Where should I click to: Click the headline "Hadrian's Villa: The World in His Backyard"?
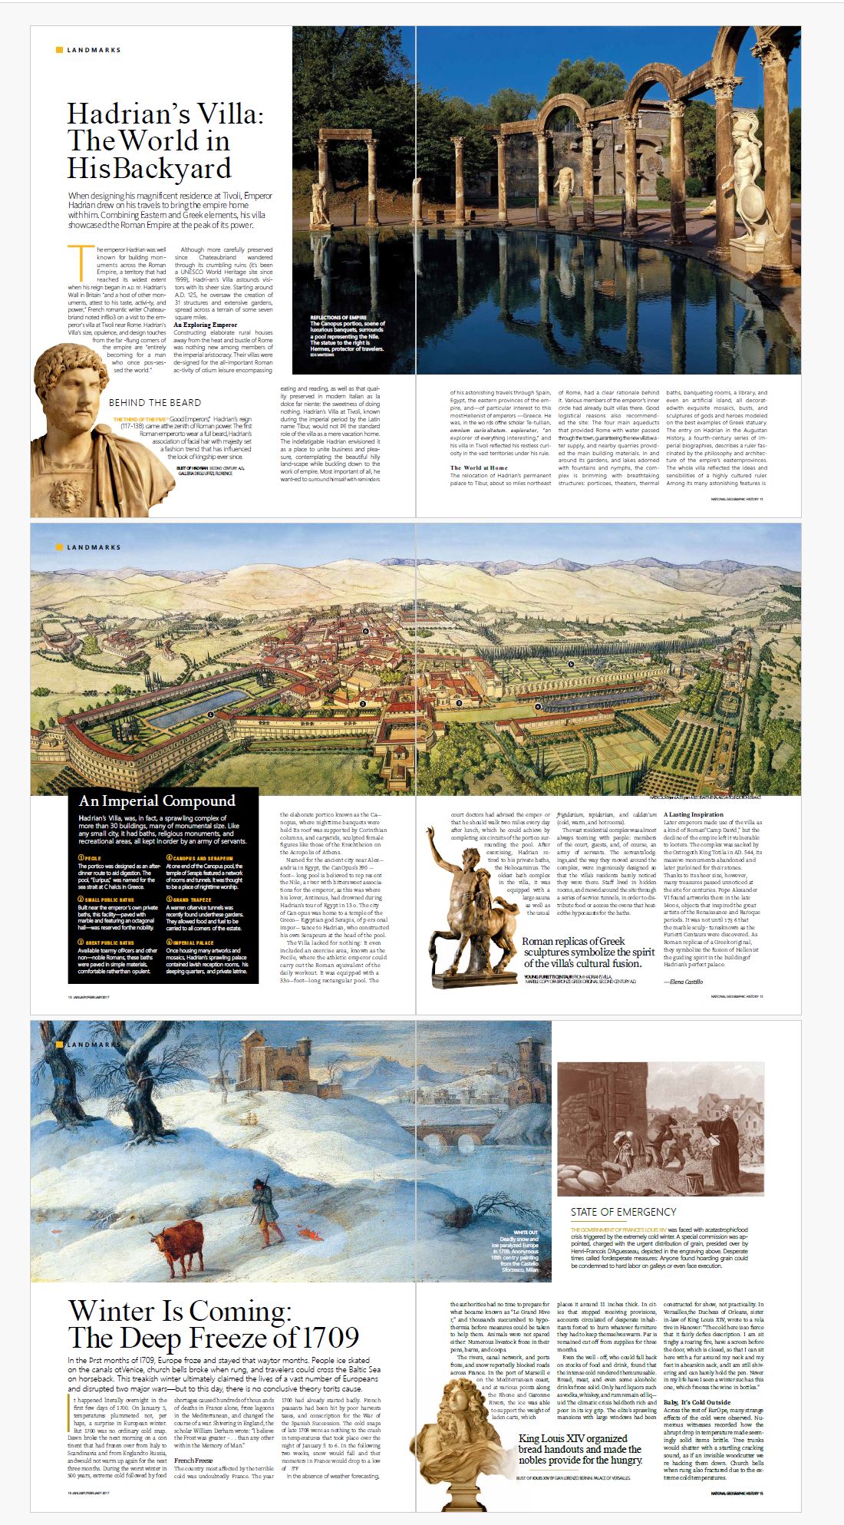164,141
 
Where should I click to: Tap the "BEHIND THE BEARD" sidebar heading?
155,402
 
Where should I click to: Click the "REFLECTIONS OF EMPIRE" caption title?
338,317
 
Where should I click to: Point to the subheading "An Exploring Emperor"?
205,325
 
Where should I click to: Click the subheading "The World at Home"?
479,467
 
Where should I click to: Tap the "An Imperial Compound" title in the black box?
157,800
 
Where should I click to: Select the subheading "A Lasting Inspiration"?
694,814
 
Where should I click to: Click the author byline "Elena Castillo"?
686,982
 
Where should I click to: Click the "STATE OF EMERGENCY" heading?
623,1211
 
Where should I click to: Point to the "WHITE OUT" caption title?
526,1233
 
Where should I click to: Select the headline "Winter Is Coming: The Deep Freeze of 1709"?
213,1324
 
